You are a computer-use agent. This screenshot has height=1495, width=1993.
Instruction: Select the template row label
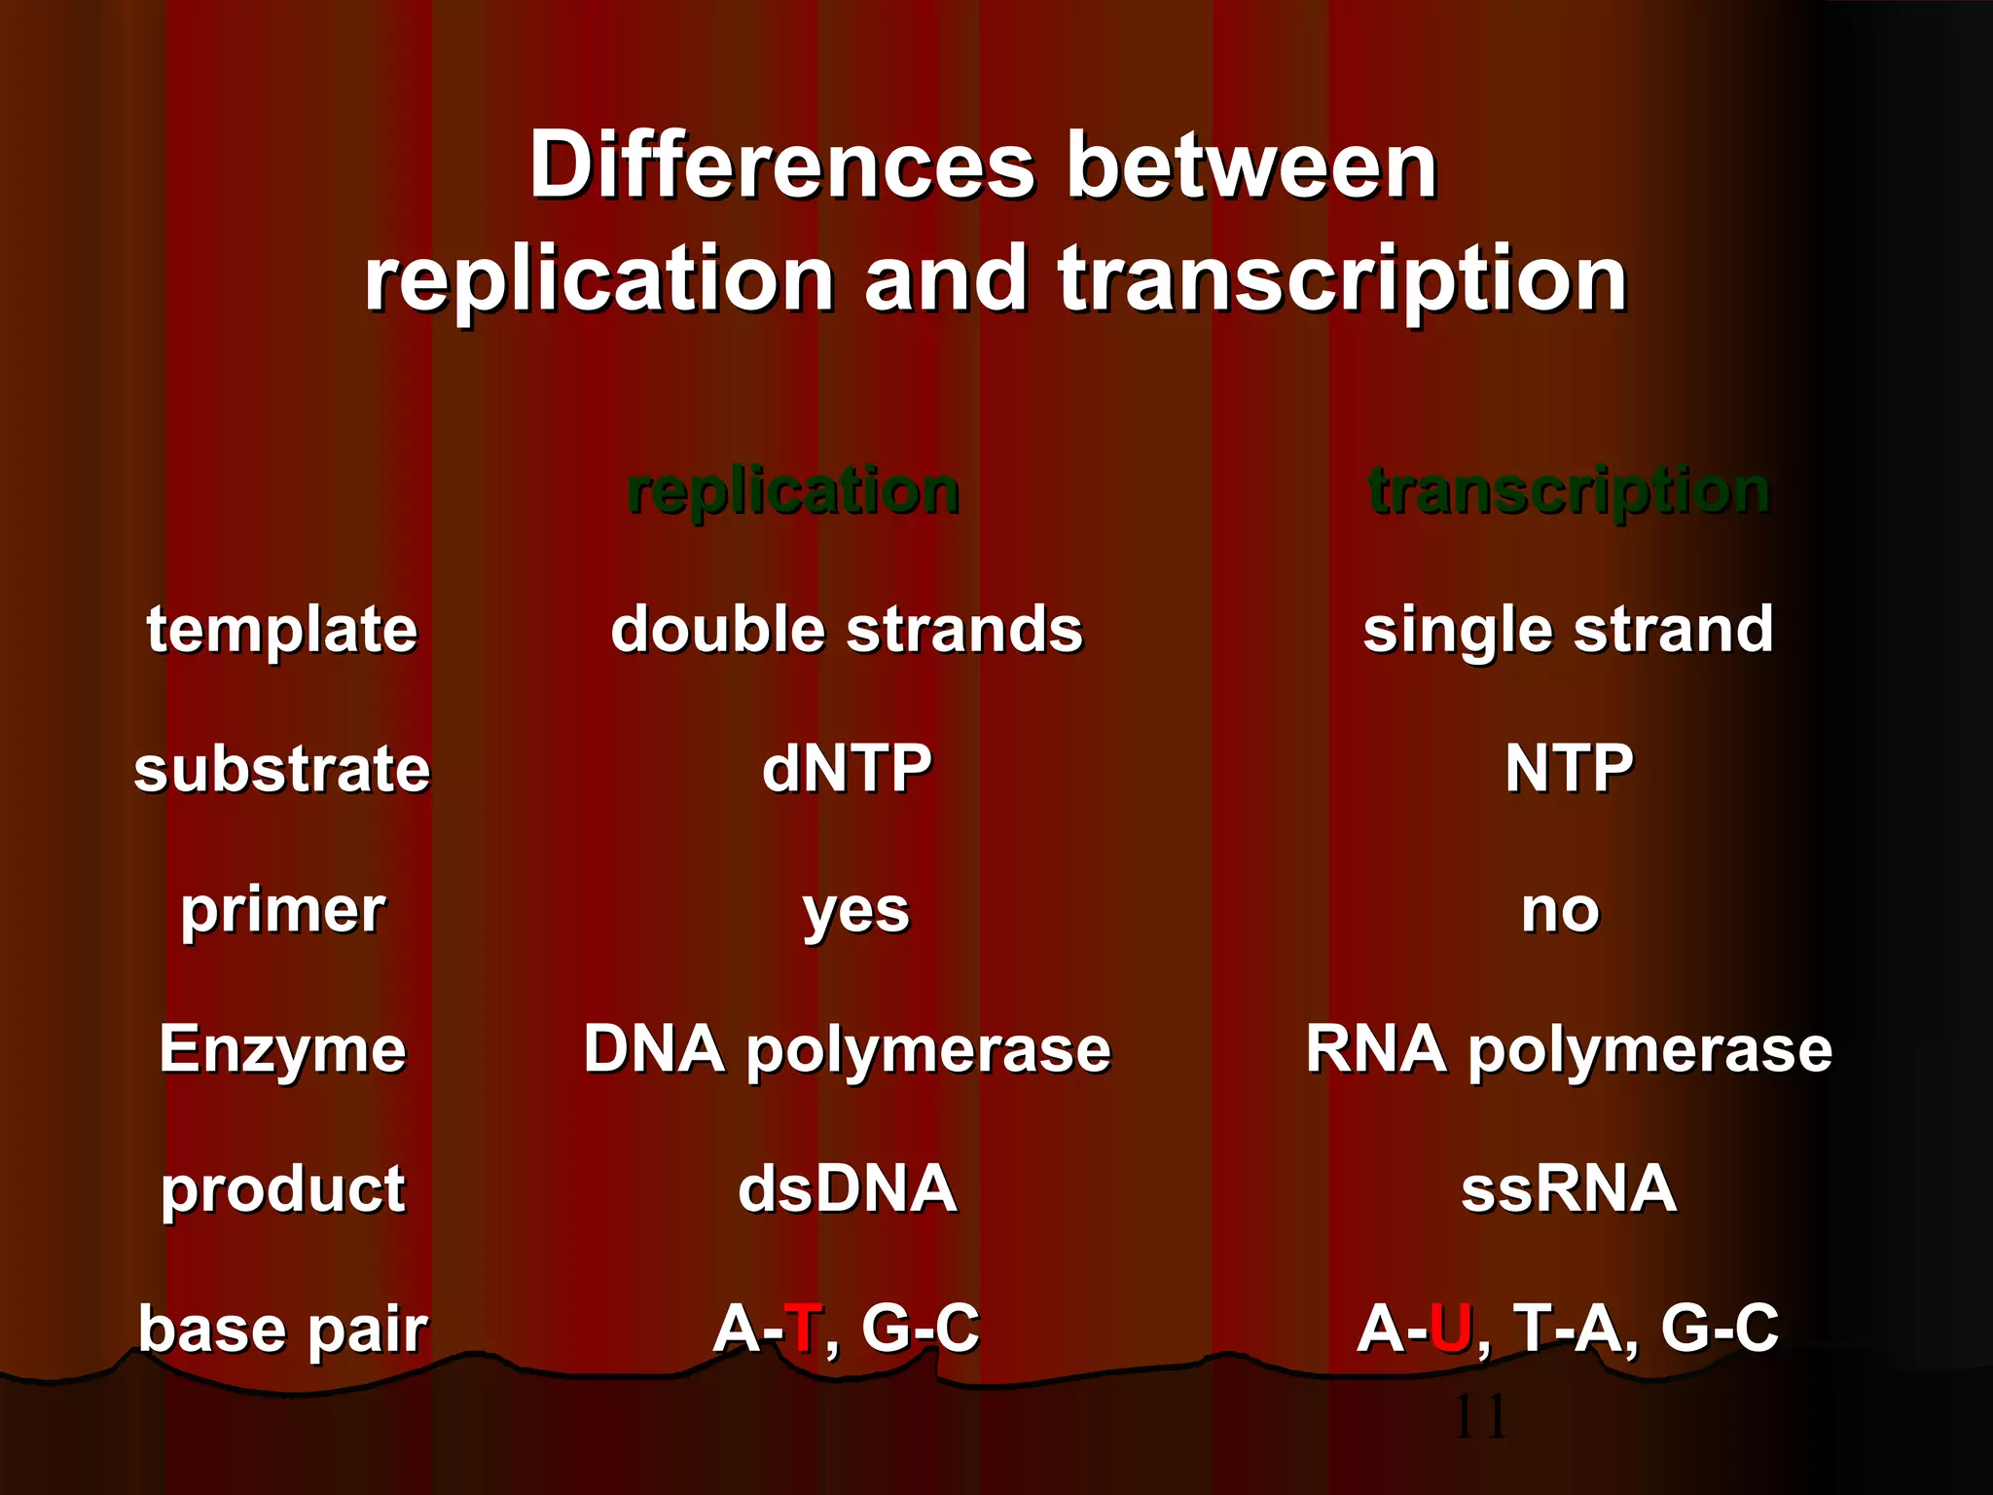click(282, 629)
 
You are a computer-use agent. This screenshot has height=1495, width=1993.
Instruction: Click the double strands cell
click(847, 629)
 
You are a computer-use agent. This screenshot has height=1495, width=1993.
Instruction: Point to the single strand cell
click(1568, 629)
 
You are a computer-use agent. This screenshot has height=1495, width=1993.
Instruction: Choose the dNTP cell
click(847, 769)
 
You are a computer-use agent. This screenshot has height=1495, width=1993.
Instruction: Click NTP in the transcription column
click(1568, 769)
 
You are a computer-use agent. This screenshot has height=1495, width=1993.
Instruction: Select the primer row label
click(282, 910)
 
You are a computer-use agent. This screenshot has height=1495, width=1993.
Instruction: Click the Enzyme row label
click(282, 1049)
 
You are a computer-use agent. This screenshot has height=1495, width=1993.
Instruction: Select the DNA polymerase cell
click(847, 1049)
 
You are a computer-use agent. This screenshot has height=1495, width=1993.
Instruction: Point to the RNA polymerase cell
click(1568, 1049)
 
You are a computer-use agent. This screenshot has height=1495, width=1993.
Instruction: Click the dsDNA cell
click(847, 1188)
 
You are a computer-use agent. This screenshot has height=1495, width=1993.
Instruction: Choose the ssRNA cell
click(1568, 1188)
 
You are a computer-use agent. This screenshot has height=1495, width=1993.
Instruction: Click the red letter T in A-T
click(803, 1328)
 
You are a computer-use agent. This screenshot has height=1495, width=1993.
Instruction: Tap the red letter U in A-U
click(1450, 1328)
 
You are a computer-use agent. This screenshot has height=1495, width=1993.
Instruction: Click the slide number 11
click(1479, 1417)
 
